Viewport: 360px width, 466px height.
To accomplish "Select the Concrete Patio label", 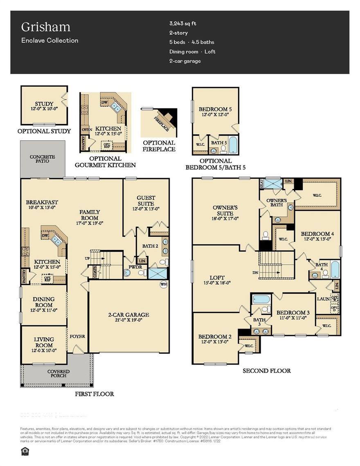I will pos(42,159).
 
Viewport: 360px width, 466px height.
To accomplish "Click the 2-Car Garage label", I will pos(128,315).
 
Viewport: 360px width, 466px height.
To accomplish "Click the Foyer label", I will pos(77,336).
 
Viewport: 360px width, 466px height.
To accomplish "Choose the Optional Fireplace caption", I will pos(159,146).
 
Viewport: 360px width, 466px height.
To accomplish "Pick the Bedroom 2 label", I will pos(215,339).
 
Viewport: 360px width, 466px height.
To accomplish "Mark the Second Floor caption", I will pos(266,371).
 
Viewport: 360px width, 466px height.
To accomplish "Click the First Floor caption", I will pos(94,394).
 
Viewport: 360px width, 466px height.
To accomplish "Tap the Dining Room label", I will pos(44,302).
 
